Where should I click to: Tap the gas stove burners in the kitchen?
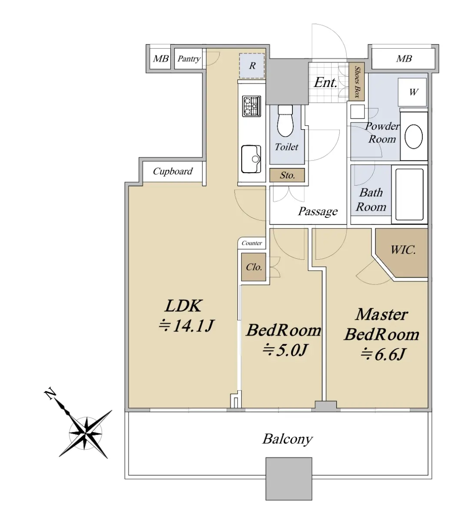point(251,106)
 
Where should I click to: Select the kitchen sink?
point(251,158)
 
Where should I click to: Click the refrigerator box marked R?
point(252,66)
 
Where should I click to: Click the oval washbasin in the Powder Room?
point(413,137)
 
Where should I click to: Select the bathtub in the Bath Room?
point(409,194)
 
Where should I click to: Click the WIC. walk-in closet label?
point(402,251)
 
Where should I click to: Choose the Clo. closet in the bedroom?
point(254,267)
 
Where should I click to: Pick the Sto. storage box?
point(287,175)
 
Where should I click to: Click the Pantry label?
point(189,59)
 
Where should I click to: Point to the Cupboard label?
point(173,171)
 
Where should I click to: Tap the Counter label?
point(252,243)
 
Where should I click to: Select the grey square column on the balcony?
point(289,478)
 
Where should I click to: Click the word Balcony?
point(287,438)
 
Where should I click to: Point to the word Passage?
point(318,212)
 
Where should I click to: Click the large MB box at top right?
point(403,59)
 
